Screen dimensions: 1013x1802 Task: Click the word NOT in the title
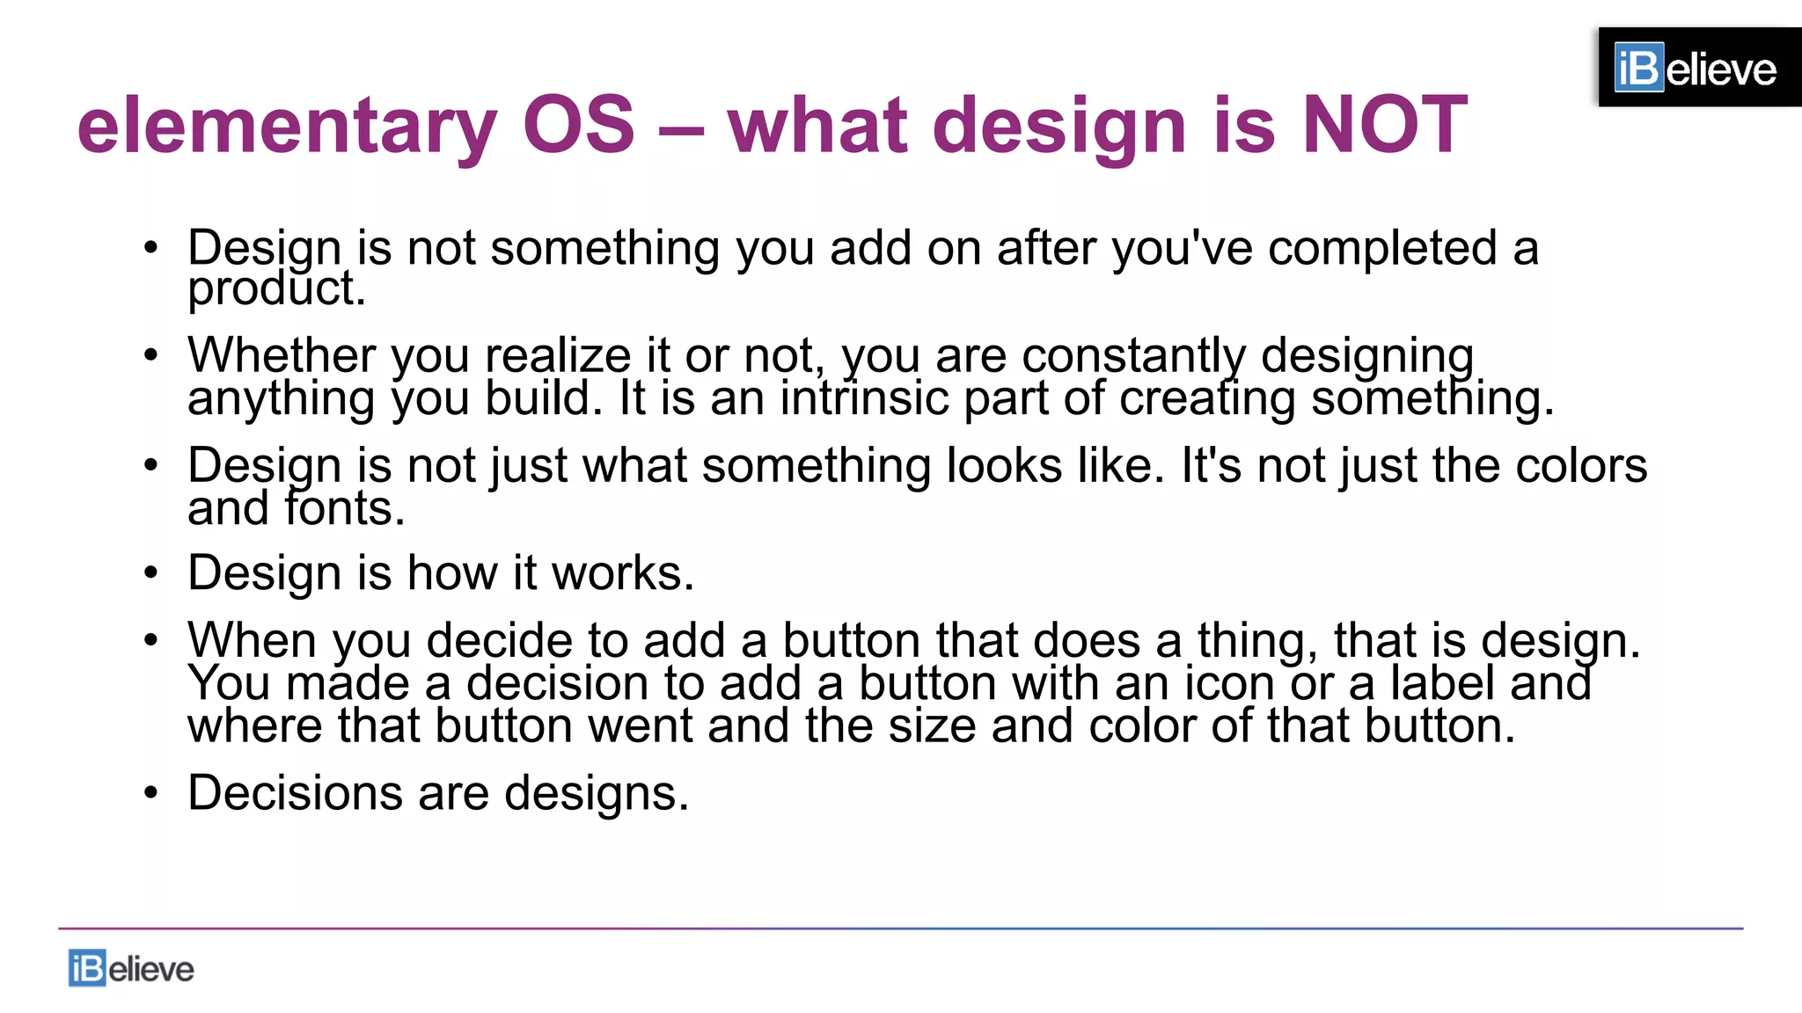(x=1384, y=125)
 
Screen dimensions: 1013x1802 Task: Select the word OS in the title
(x=578, y=125)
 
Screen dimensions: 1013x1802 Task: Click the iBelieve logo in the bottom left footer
(x=131, y=968)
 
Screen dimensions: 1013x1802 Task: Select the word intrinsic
(x=864, y=398)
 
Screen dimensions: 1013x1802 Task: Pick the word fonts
(x=344, y=508)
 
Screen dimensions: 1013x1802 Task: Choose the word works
(x=622, y=573)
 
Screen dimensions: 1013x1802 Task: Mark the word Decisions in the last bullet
(x=295, y=793)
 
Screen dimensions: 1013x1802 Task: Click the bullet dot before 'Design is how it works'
(x=151, y=573)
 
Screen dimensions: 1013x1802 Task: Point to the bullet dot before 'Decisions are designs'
(x=151, y=793)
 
